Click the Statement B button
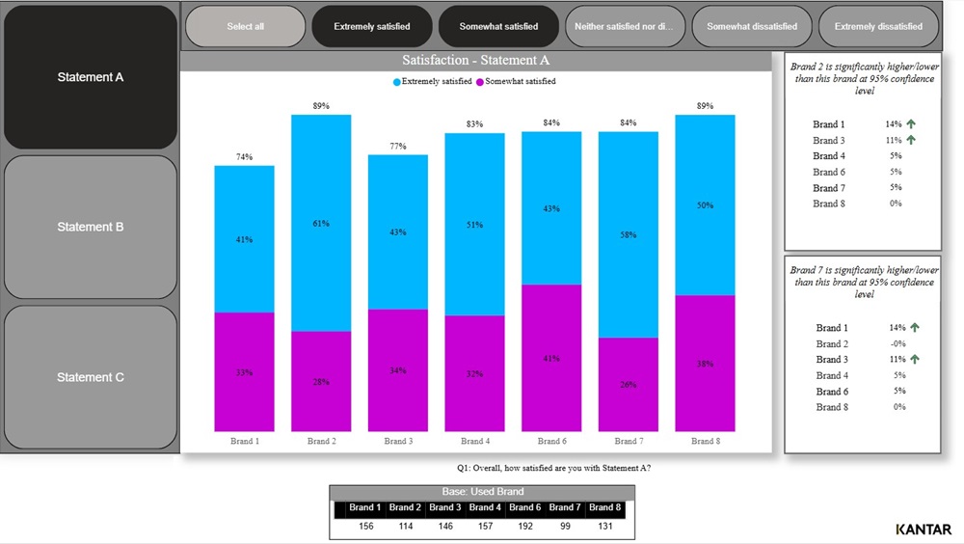pos(91,227)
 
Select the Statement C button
pos(91,377)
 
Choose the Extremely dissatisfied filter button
pos(878,26)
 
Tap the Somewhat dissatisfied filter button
pos(752,26)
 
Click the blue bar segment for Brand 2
pos(321,223)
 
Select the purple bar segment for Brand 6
pos(551,358)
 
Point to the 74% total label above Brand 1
pos(244,156)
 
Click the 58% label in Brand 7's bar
pos(629,234)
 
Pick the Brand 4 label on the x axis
pos(473,441)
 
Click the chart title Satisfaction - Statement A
pos(476,61)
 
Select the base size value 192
pos(524,527)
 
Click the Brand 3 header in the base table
pos(444,507)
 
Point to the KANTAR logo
pos(923,530)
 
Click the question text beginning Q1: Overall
pos(553,468)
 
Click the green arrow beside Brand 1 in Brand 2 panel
pos(911,124)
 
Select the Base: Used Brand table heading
pos(482,492)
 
